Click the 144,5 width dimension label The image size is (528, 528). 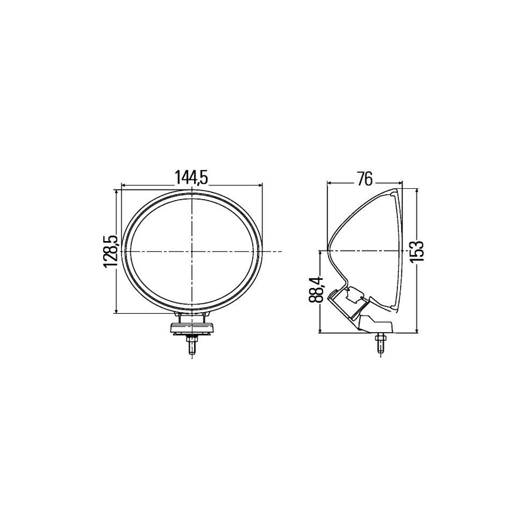(192, 177)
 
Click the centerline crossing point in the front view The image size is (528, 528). (192, 251)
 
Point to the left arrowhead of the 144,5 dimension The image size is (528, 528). (124, 186)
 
